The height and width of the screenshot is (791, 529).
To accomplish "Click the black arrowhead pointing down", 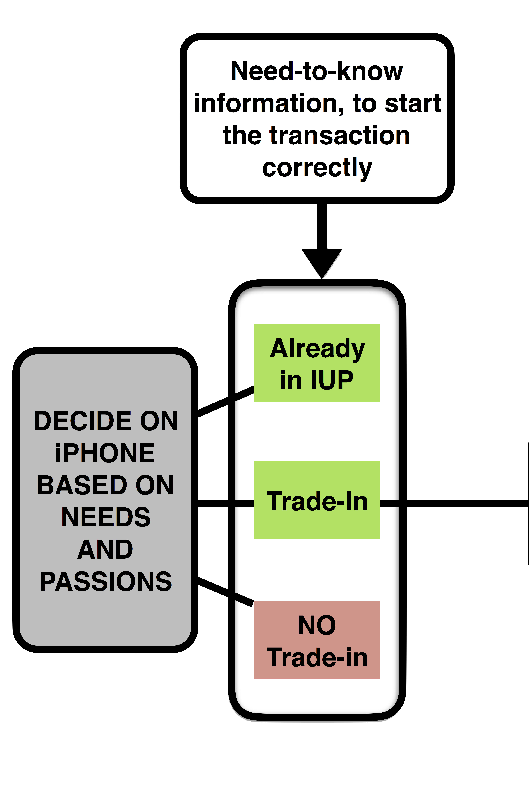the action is click(x=322, y=263).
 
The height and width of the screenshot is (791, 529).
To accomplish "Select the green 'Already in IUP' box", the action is click(x=317, y=363).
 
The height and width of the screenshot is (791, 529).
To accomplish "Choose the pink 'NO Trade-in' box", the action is click(x=317, y=640).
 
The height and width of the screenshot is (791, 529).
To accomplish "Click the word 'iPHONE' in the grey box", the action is click(x=105, y=453).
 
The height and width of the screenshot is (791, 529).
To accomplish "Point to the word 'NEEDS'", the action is click(x=106, y=517).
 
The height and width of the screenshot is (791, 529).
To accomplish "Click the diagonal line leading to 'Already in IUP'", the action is click(x=226, y=401).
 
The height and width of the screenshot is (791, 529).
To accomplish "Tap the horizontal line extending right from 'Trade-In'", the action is click(x=454, y=504).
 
